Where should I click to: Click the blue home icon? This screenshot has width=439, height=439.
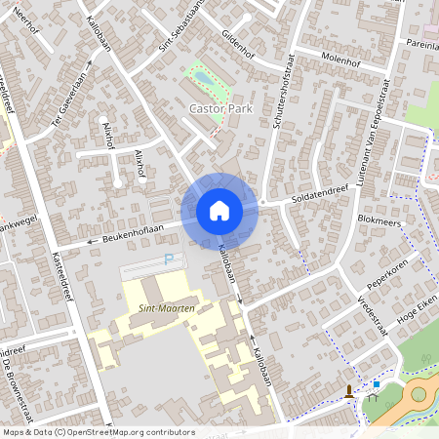pyautogui.click(x=219, y=211)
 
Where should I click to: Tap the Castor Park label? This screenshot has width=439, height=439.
pyautogui.click(x=220, y=109)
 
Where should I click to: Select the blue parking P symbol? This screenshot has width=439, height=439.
pyautogui.click(x=169, y=259)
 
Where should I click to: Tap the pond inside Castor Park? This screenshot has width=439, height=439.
pyautogui.click(x=203, y=76)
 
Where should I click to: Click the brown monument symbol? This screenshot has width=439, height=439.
pyautogui.click(x=349, y=393)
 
